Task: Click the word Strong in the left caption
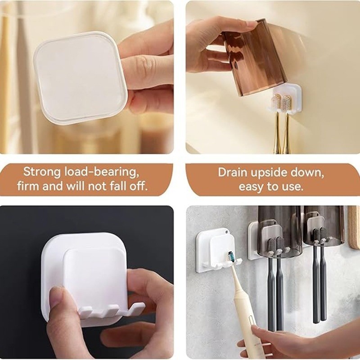point(42,172)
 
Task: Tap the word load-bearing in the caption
point(102,172)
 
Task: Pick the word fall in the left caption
point(117,186)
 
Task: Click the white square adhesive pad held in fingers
point(80,77)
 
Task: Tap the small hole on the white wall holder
point(226,232)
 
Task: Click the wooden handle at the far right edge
point(354,227)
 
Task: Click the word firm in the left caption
point(27,186)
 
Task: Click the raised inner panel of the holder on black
point(96,280)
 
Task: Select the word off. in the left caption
point(138,186)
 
